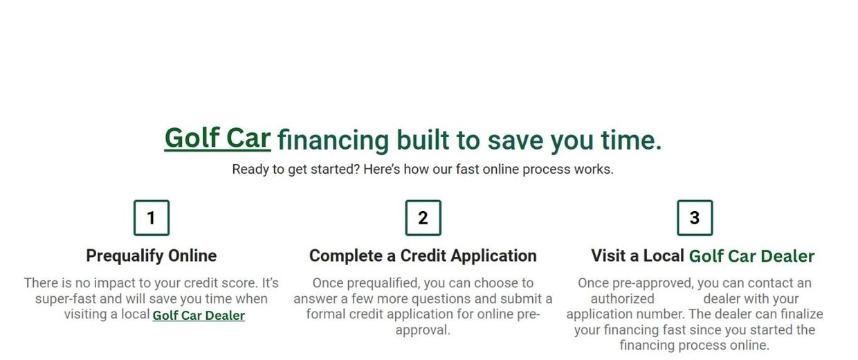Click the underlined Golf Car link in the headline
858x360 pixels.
click(217, 138)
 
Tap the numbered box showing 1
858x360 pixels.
click(152, 217)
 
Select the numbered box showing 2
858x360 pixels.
click(423, 217)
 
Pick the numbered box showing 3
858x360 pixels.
click(695, 217)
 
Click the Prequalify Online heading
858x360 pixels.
click(152, 256)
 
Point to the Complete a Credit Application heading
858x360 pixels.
click(423, 256)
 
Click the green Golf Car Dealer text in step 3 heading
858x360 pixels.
click(751, 256)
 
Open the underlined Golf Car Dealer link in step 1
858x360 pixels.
click(199, 316)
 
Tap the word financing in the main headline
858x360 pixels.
click(333, 141)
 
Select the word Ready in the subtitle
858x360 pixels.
click(250, 170)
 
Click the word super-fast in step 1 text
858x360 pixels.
click(66, 299)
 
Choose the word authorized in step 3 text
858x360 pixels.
click(623, 298)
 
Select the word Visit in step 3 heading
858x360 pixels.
click(608, 255)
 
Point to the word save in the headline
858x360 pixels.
click(515, 141)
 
